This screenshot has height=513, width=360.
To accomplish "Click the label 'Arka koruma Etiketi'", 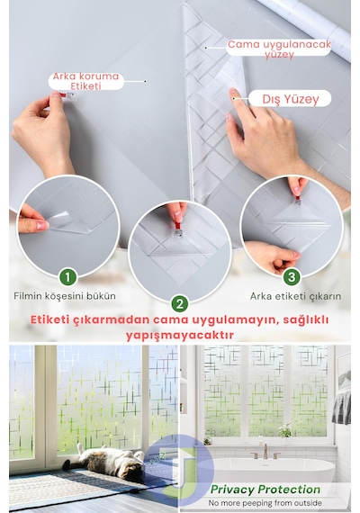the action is [x=85, y=81].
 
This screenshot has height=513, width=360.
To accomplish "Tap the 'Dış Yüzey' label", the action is [x=291, y=99].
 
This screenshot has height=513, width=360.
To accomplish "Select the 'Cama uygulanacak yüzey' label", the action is [x=279, y=49].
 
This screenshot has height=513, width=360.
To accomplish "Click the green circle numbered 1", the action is [x=67, y=277].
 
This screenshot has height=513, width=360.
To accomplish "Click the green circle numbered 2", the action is [x=180, y=303].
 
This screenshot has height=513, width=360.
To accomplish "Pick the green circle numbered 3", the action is [x=292, y=277].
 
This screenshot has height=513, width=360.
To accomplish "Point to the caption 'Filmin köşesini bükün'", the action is [x=65, y=296].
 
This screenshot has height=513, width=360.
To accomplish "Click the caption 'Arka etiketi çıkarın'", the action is [x=295, y=296].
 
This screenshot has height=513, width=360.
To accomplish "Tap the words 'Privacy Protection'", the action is [x=265, y=490].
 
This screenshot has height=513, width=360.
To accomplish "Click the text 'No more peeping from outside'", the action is [x=265, y=503].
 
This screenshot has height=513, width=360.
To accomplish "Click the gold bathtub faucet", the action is [x=265, y=453].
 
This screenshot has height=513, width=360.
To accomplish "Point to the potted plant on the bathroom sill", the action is [x=284, y=431].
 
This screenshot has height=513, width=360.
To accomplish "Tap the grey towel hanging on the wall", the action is [x=342, y=408].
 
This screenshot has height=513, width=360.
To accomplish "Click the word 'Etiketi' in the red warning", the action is [x=50, y=319].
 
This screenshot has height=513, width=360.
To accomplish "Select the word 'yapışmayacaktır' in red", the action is [x=180, y=336].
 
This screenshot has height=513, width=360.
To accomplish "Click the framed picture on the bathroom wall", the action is [x=345, y=372].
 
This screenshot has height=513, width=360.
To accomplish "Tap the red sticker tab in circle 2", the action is [x=177, y=226].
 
